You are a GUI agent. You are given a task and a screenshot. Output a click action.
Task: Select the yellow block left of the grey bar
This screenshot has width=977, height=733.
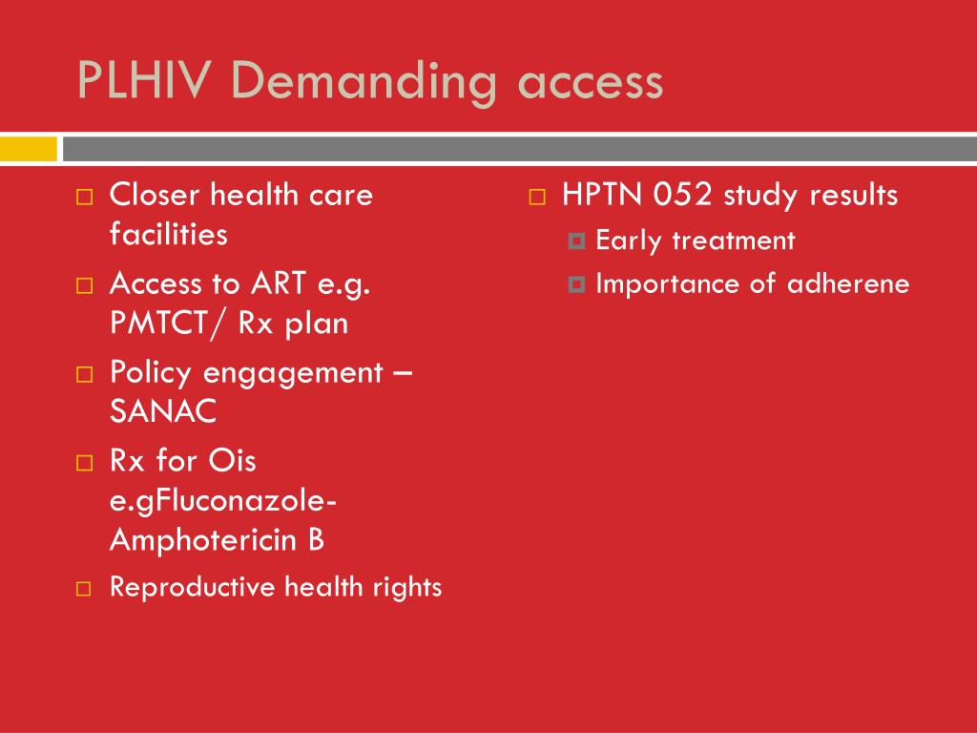click(28, 149)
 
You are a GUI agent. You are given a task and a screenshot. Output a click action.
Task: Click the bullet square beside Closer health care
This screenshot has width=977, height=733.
click(85, 197)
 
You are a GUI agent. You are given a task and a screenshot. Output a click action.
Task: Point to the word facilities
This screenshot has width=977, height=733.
click(168, 234)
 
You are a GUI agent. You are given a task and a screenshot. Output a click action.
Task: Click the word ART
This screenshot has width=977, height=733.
click(280, 283)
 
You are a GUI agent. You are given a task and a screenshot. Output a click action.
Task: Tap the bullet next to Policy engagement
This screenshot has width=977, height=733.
click(85, 374)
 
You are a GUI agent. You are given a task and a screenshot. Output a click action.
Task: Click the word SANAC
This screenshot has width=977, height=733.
click(163, 410)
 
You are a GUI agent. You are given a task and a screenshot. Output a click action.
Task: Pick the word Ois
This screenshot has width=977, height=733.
click(232, 461)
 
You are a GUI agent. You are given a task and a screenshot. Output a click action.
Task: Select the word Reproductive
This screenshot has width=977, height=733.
click(192, 587)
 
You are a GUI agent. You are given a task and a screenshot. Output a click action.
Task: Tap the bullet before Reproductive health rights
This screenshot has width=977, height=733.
click(84, 589)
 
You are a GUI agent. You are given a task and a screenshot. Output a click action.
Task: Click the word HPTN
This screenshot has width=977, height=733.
click(602, 195)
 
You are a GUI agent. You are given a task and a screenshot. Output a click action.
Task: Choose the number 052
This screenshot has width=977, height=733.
click(682, 195)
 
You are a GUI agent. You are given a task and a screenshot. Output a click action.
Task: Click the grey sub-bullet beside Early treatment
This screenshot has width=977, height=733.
click(577, 241)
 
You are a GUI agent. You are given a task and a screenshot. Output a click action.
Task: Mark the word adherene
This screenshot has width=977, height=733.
click(848, 283)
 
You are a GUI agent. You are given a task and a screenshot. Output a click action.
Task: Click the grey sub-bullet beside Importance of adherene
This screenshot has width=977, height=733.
click(577, 284)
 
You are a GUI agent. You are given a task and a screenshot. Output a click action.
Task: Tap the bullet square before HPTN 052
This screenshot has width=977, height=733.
click(537, 197)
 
